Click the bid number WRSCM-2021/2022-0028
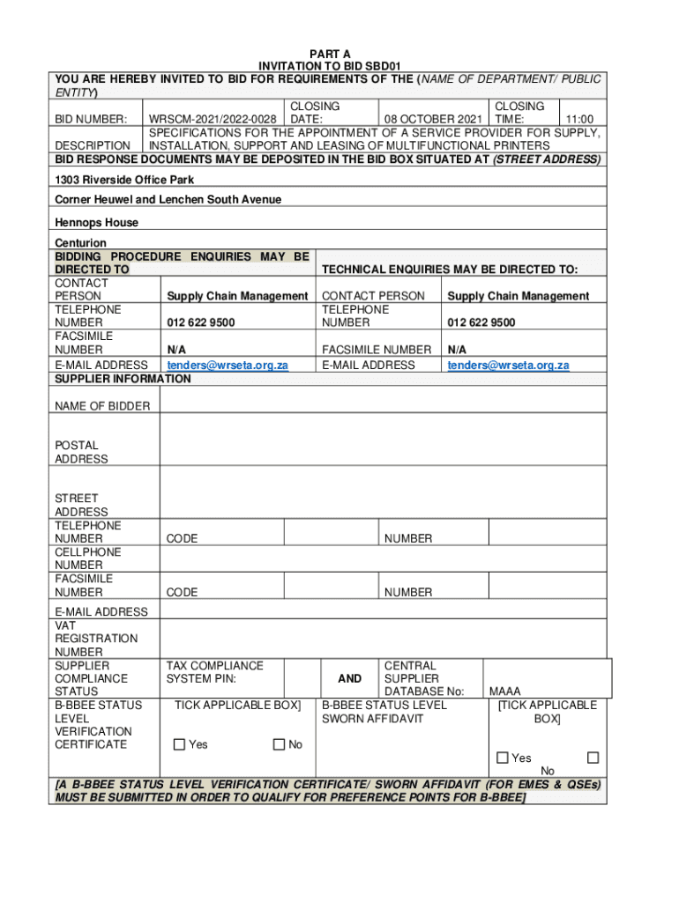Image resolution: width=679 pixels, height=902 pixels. click(212, 119)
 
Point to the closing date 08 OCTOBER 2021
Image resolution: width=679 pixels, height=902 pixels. click(432, 119)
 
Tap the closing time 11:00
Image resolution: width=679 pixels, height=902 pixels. click(579, 119)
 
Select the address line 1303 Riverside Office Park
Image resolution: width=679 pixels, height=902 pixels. click(124, 180)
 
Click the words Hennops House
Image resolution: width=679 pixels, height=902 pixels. click(96, 223)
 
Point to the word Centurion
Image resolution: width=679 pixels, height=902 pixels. click(80, 243)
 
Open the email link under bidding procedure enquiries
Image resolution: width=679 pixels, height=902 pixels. click(228, 365)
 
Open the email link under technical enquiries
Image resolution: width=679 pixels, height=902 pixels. click(508, 365)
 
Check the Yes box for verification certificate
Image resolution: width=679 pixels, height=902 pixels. click(180, 744)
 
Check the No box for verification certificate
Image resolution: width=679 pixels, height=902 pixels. click(280, 744)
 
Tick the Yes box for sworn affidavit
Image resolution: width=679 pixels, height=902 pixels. click(503, 758)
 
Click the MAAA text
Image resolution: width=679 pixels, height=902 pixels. click(505, 691)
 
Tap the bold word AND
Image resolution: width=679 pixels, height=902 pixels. click(350, 678)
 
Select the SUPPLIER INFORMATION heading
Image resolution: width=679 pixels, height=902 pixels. click(123, 379)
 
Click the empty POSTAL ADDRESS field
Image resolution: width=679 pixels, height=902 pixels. click(383, 439)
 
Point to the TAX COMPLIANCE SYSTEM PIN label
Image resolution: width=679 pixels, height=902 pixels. click(214, 672)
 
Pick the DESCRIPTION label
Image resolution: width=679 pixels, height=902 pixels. click(93, 145)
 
